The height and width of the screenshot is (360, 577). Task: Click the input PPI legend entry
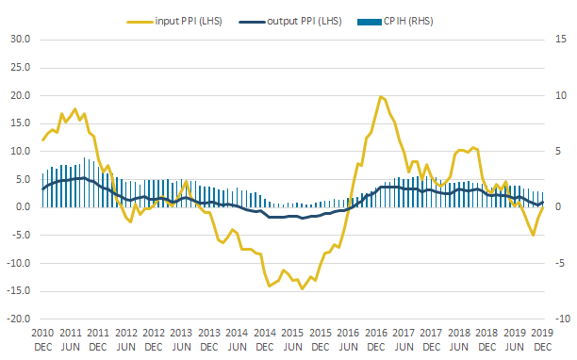pos(174,22)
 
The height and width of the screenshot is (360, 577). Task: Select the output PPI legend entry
pos(290,22)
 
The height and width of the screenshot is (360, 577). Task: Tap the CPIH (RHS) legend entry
pos(395,22)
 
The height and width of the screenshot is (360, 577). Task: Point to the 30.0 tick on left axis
pos(20,39)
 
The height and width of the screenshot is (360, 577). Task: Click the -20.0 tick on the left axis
pos(19,319)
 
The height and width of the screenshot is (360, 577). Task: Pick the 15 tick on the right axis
pos(561,39)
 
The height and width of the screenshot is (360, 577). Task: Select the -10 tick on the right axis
pos(562,319)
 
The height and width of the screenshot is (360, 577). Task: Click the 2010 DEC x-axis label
pos(42,340)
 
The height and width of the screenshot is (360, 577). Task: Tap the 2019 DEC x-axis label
pos(542,340)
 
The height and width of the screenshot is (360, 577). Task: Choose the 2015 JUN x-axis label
pos(292,340)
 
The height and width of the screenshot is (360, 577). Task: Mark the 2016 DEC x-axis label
pos(376,340)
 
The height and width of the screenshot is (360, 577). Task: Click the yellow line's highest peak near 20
pos(381,97)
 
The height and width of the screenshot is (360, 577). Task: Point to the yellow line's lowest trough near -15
pos(303,288)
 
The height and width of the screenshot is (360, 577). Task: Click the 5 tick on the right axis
pos(558,151)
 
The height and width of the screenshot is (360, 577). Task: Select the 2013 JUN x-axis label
pos(181,340)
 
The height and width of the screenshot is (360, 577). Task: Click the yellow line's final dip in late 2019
pos(534,235)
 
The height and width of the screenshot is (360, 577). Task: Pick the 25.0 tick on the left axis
pos(20,67)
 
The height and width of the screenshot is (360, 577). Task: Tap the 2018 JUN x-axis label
pos(459,340)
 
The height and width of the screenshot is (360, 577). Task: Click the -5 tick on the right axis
pos(560,263)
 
